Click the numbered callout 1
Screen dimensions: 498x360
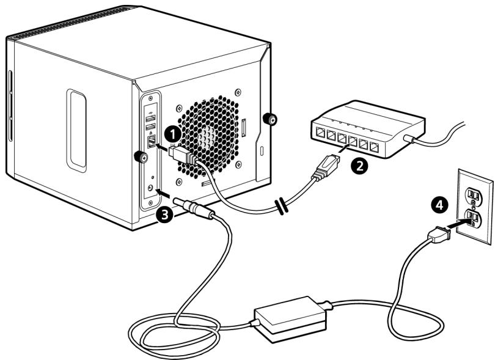point(173,134)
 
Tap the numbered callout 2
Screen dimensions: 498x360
point(359,165)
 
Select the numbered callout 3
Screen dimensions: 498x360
point(164,215)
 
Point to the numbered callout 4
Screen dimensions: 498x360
point(439,205)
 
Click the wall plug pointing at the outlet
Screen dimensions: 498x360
point(439,235)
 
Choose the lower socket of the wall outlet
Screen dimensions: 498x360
point(473,217)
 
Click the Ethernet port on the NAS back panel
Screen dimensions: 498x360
point(152,141)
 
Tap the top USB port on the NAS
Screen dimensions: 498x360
point(150,119)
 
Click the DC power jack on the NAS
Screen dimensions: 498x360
point(151,188)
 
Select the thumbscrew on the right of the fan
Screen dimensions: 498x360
point(270,119)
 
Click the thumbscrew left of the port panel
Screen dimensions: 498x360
point(141,156)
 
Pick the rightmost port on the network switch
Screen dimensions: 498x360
point(375,147)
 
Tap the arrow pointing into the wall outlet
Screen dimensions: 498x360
point(457,224)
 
